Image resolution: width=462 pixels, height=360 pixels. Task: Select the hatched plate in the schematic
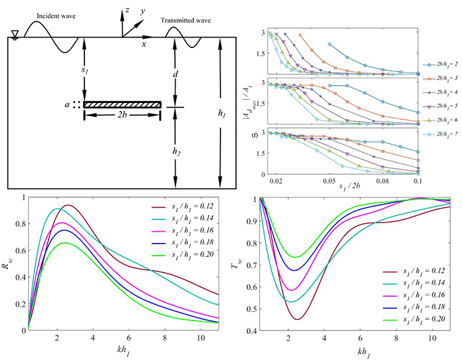[123, 105]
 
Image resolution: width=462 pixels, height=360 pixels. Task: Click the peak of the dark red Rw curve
[68, 205]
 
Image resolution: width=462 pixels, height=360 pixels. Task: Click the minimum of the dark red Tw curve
[298, 319]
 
